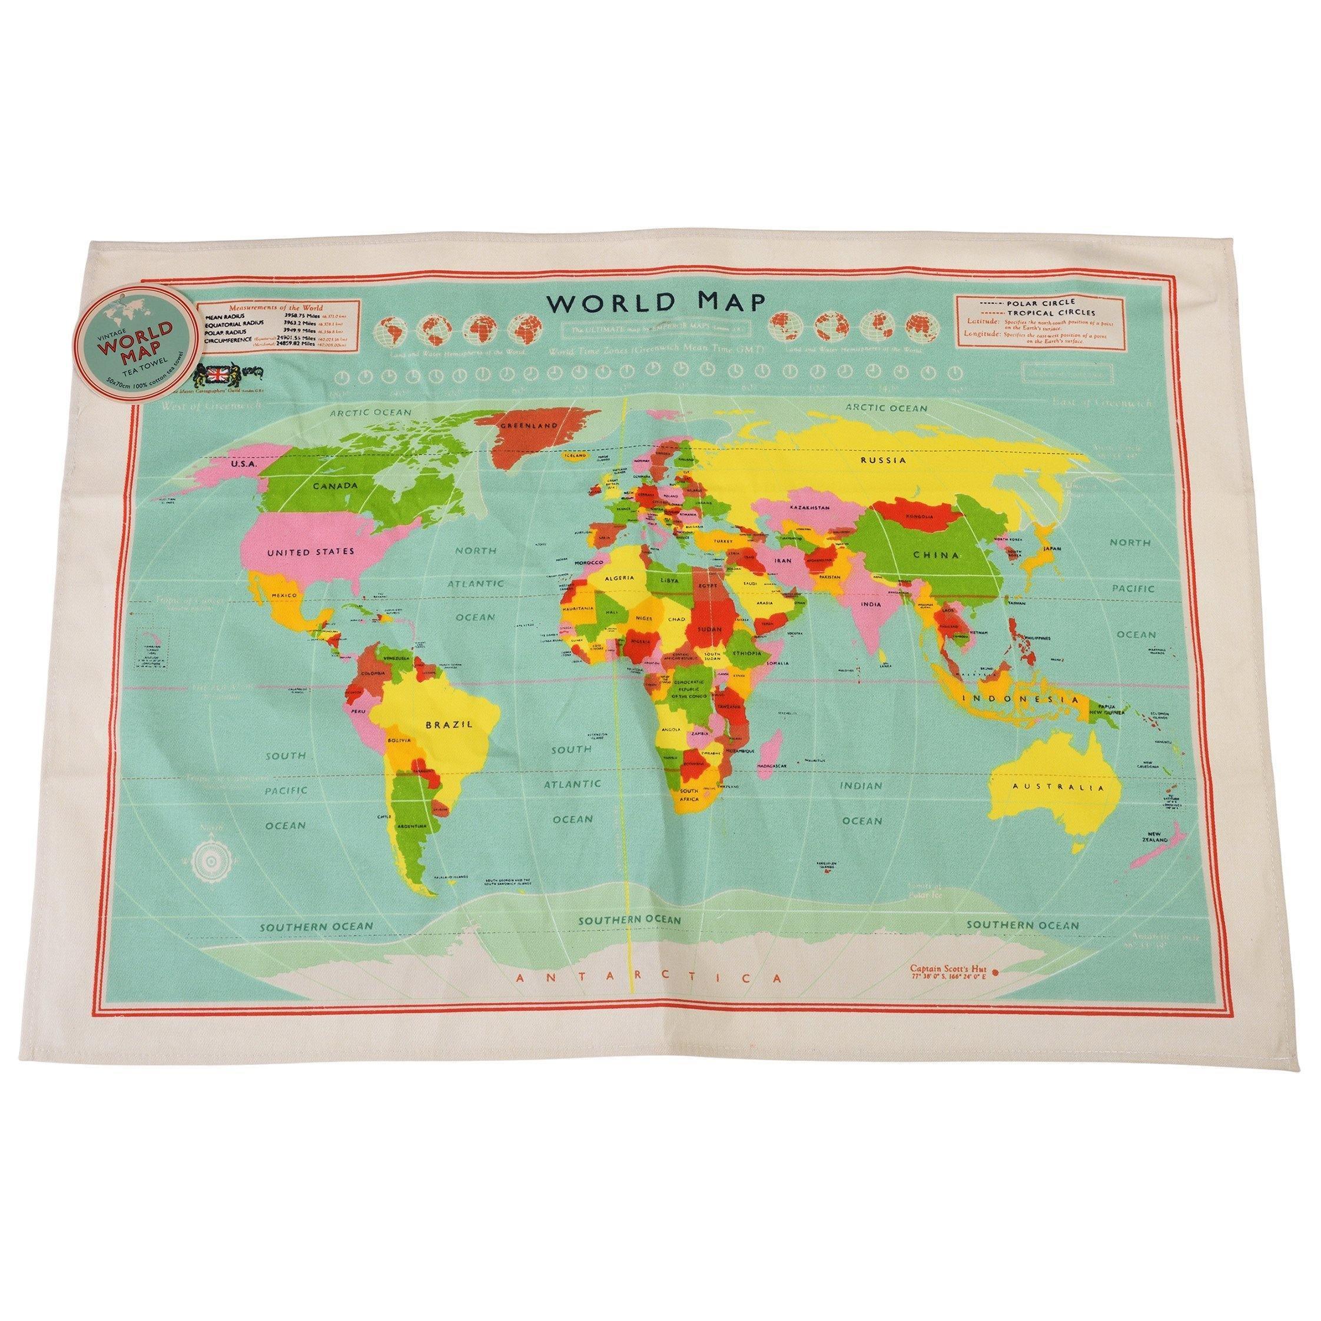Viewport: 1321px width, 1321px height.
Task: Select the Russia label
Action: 882,460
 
